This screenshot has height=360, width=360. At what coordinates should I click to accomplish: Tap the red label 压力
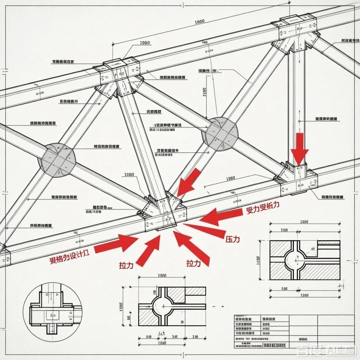tap(232, 239)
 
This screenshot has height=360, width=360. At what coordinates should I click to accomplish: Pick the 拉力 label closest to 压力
tap(194, 263)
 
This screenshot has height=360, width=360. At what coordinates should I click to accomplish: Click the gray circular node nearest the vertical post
tap(222, 134)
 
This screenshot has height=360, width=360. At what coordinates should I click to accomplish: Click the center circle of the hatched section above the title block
tap(164, 306)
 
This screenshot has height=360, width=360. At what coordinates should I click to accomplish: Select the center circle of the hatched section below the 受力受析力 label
tap(295, 260)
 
